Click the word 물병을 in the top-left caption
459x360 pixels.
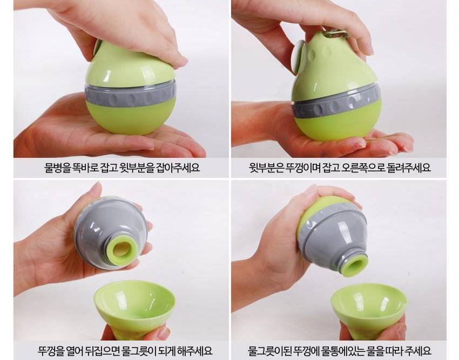pyautogui.click(x=57, y=168)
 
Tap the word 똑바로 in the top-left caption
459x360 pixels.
pyautogui.click(x=85, y=168)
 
